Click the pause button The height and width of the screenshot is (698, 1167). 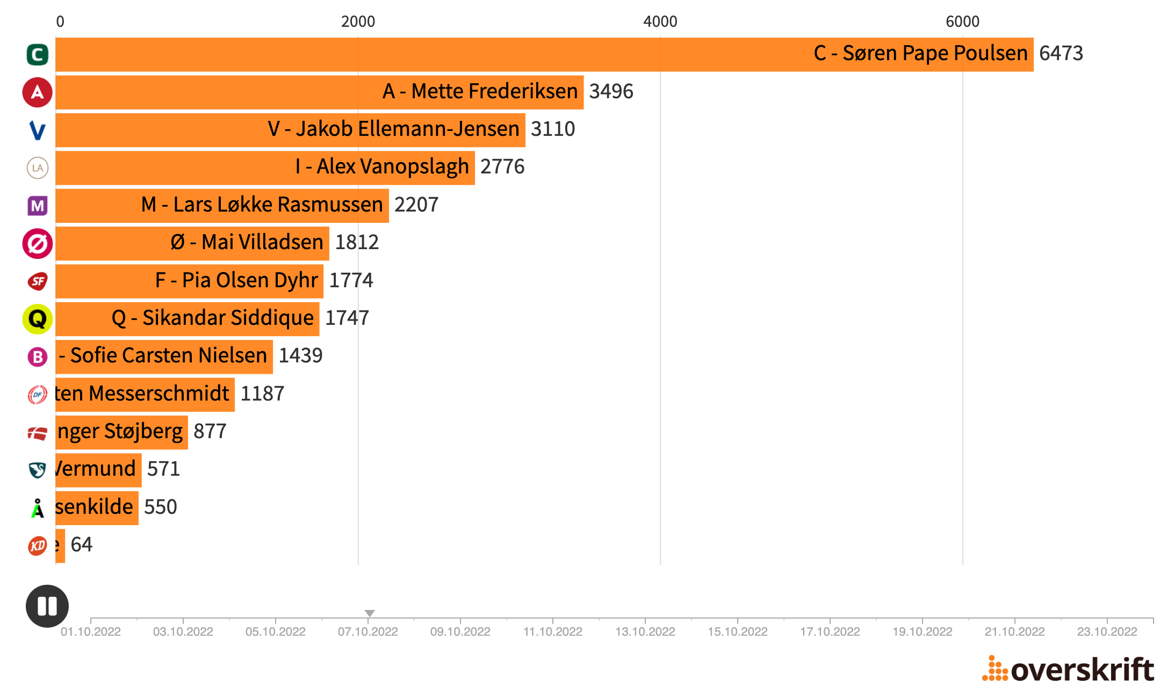[x=47, y=606]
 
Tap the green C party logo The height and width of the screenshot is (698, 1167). [x=38, y=55]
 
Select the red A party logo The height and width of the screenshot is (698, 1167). [x=38, y=92]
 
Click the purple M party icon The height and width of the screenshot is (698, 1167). [x=38, y=206]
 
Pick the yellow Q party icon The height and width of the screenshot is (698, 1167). [x=38, y=319]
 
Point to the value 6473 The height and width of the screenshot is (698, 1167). [x=1061, y=54]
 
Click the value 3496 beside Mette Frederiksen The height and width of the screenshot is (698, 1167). [x=611, y=92]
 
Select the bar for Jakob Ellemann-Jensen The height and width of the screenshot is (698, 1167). [x=290, y=129]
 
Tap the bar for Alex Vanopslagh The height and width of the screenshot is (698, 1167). [x=265, y=168]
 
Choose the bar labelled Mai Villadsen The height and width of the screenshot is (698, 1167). [x=192, y=243]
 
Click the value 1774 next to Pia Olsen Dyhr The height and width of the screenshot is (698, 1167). [x=351, y=281]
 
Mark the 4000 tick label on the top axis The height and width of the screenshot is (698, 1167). [x=660, y=22]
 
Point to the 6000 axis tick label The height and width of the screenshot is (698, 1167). [x=962, y=22]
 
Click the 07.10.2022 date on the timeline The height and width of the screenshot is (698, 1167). [x=368, y=632]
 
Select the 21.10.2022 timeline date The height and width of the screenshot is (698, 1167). [x=1014, y=632]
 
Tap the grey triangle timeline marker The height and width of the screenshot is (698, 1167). [x=370, y=613]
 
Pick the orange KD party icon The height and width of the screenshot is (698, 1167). [x=38, y=546]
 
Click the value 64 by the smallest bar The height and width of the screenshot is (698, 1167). [x=82, y=545]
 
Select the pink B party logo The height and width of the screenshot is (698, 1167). [x=38, y=357]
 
